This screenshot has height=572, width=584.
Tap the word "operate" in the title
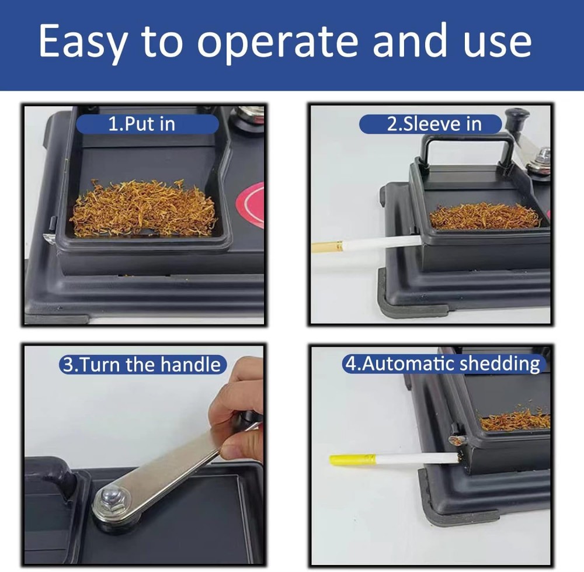[x=278, y=42]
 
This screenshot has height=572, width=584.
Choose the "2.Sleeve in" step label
[x=431, y=124]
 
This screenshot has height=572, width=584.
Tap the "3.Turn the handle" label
[x=142, y=365]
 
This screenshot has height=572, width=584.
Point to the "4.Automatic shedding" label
[x=443, y=363]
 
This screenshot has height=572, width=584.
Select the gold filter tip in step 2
[x=326, y=247]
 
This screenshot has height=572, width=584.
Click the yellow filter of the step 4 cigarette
[x=352, y=460]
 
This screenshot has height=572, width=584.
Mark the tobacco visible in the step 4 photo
[x=514, y=420]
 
